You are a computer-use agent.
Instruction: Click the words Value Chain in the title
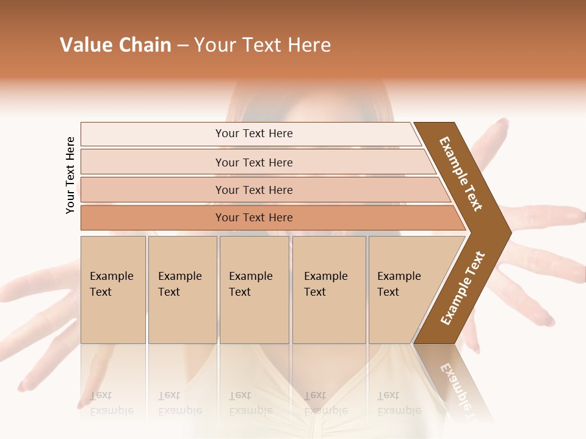(x=115, y=45)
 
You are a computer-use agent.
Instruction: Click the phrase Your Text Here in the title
(x=262, y=45)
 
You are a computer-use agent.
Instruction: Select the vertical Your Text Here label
(x=70, y=175)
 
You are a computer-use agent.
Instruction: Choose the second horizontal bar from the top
(x=253, y=162)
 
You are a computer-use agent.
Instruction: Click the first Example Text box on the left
(x=113, y=289)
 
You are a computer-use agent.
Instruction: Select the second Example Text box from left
(x=182, y=289)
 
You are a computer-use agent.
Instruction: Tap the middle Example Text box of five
(x=254, y=289)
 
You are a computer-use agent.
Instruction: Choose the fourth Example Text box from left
(x=329, y=289)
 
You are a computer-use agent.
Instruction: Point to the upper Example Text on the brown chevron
(x=461, y=174)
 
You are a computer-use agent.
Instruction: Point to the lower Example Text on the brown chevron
(x=463, y=288)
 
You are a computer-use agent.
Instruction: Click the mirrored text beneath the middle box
(x=250, y=403)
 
